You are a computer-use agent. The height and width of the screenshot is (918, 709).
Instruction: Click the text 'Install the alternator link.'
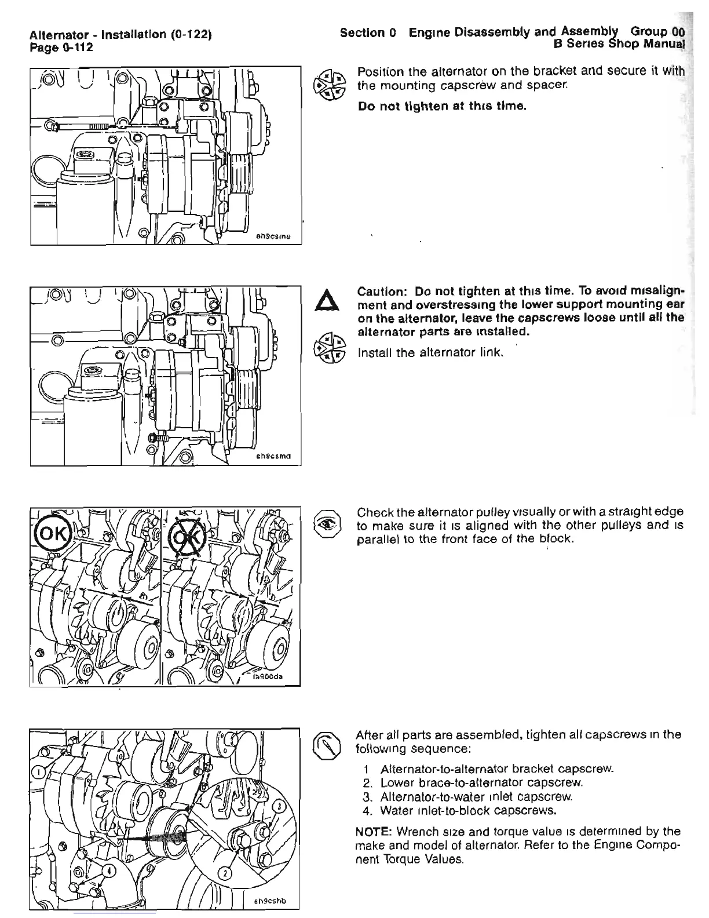coord(430,352)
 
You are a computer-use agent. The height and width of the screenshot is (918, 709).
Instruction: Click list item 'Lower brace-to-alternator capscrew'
coord(480,783)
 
